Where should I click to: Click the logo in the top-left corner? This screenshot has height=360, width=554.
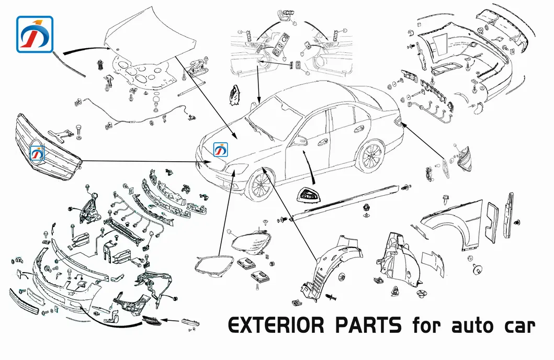tap(35, 35)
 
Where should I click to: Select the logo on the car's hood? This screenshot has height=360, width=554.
tap(221, 150)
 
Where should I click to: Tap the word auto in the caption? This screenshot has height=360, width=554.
tap(467, 326)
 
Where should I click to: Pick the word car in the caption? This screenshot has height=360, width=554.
tap(518, 327)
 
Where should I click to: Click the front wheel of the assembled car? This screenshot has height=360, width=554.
tap(259, 185)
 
